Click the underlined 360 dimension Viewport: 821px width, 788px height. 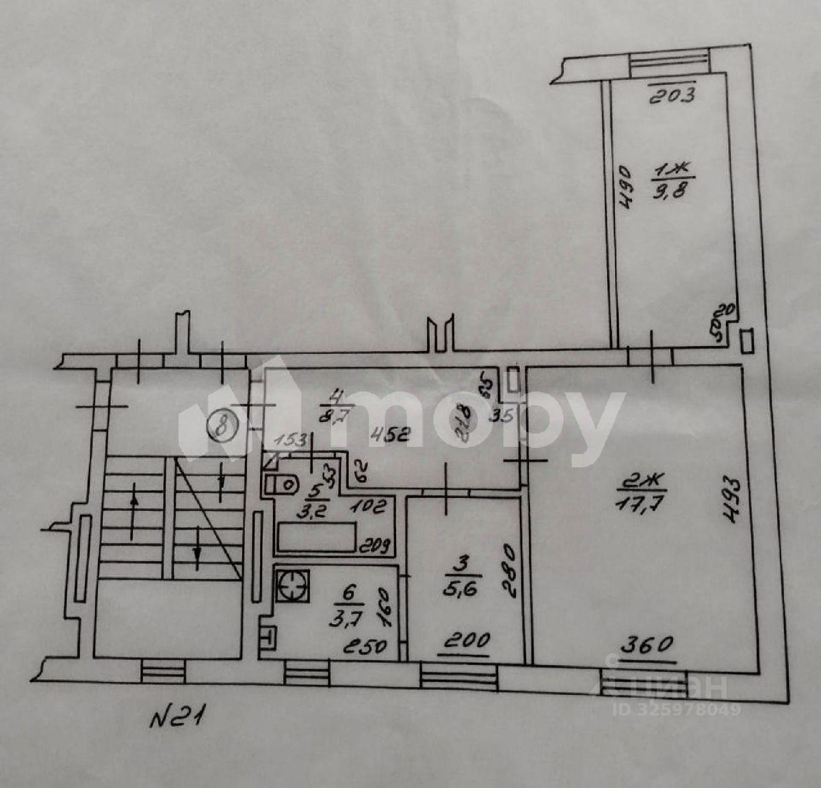coord(647,644)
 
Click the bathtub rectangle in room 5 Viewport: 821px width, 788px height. coord(317,537)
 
